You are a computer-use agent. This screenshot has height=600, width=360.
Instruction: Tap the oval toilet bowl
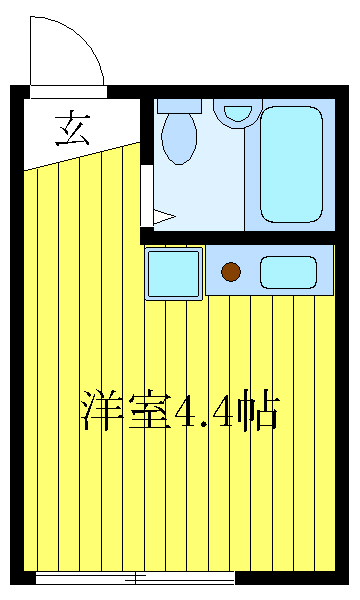tap(179, 137)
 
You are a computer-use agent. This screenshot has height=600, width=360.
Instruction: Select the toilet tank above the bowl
tap(179, 105)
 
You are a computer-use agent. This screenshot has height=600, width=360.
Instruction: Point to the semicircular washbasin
tap(237, 112)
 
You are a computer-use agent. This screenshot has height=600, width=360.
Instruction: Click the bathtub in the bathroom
tap(291, 163)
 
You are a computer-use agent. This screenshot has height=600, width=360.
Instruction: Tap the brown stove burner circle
tap(231, 271)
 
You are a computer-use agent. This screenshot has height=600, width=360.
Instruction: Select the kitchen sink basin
tap(288, 271)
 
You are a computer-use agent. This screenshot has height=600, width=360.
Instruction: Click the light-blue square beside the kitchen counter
tap(174, 272)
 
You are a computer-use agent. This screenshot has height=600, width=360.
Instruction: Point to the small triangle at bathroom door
tap(164, 215)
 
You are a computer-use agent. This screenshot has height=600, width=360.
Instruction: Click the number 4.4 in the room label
tap(205, 411)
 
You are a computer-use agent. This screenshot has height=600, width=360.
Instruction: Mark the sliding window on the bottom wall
tap(135, 577)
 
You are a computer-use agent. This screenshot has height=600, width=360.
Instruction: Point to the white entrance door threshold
tap(67, 92)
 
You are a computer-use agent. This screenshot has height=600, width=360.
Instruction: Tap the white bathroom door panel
tap(146, 196)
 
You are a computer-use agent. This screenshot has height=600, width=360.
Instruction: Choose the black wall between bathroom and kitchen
tap(240, 237)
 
